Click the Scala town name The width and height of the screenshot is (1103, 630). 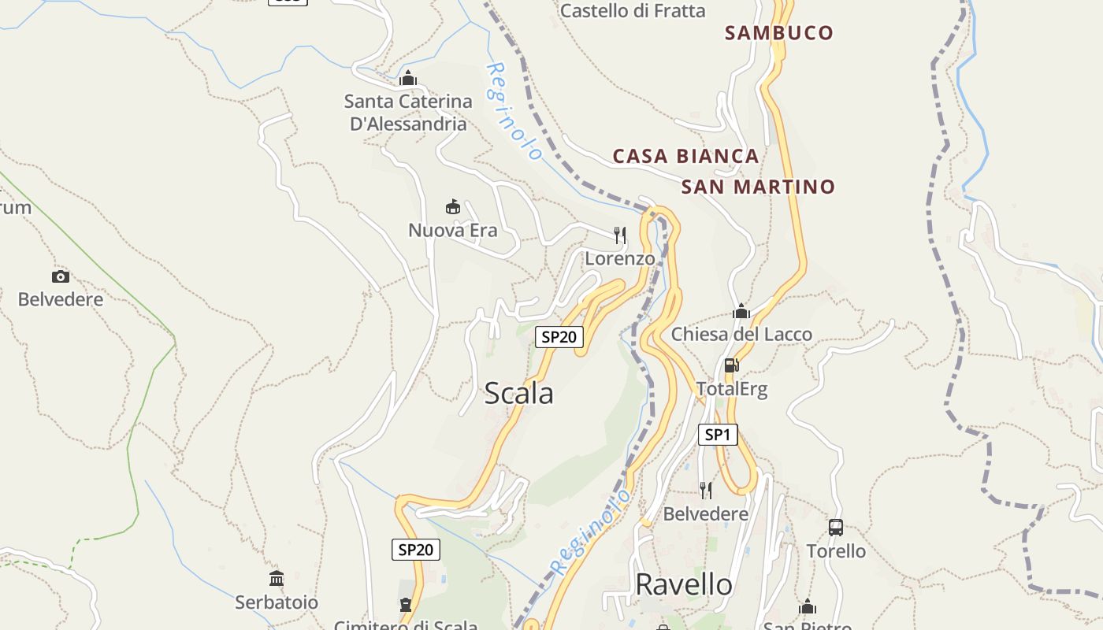518,393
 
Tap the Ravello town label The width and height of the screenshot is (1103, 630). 683,584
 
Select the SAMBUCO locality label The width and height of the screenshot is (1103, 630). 778,33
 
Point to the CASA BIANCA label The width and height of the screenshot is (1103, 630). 685,156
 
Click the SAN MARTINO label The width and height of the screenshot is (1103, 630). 757,187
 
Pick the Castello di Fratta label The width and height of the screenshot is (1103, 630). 633,11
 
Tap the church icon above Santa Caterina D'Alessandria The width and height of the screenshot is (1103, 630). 408,78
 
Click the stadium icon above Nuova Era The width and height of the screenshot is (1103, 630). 453,207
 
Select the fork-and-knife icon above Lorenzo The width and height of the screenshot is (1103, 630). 620,235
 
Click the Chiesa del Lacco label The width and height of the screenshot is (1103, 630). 741,335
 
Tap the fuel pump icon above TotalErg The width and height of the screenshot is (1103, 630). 731,365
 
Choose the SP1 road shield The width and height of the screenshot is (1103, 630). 717,434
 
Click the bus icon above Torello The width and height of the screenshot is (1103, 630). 836,528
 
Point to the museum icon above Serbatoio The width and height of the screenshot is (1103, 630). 277,579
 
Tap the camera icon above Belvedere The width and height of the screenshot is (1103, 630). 61,276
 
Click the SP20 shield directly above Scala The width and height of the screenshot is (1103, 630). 559,337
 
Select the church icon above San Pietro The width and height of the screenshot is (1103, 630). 808,607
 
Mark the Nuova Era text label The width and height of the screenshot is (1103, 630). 452,230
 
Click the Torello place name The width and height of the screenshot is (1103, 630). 836,551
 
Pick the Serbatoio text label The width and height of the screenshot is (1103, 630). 277,602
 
